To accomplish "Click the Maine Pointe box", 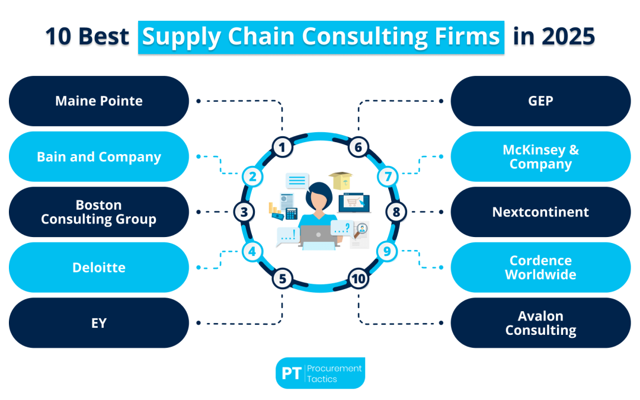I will click(99, 101).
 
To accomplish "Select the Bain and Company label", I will click(99, 157).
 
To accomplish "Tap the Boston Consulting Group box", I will click(99, 212).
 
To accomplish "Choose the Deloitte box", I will click(99, 267).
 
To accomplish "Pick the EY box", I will click(99, 323).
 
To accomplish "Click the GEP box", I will click(540, 101).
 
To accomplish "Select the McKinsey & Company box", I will click(540, 157).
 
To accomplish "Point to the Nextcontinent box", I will click(540, 212).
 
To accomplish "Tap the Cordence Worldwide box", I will click(540, 267).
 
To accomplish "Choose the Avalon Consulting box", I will click(540, 323).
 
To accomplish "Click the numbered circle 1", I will click(283, 146).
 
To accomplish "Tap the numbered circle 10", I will click(358, 279).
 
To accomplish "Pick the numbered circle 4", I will click(252, 251).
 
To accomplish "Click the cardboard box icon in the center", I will click(340, 181).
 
